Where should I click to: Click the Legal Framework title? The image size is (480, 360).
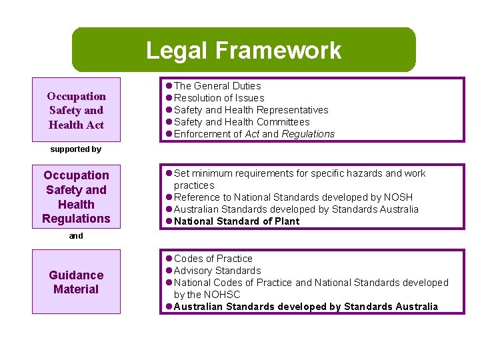pyautogui.click(x=243, y=50)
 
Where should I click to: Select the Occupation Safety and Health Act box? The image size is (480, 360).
pyautogui.click(x=76, y=111)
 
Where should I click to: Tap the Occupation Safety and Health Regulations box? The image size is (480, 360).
pyautogui.click(x=76, y=197)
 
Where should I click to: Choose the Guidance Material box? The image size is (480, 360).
pyautogui.click(x=76, y=282)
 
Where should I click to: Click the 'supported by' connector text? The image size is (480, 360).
pyautogui.click(x=75, y=149)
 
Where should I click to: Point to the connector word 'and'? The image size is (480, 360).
pyautogui.click(x=75, y=235)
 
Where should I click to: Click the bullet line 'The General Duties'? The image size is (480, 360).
pyautogui.click(x=217, y=86)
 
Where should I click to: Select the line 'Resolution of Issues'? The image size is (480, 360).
pyautogui.click(x=219, y=98)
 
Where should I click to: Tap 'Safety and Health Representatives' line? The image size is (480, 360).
pyautogui.click(x=251, y=110)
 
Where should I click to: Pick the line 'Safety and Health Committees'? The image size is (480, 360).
pyautogui.click(x=241, y=122)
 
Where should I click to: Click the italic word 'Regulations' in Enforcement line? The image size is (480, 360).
pyautogui.click(x=308, y=134)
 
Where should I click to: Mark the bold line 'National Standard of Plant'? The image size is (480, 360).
pyautogui.click(x=237, y=221)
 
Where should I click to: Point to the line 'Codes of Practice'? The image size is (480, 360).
pyautogui.click(x=213, y=259)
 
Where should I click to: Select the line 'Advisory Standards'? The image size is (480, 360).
pyautogui.click(x=217, y=271)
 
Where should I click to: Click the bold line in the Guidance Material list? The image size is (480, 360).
pyautogui.click(x=305, y=307)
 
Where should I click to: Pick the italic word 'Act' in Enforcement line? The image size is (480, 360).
pyautogui.click(x=253, y=134)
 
